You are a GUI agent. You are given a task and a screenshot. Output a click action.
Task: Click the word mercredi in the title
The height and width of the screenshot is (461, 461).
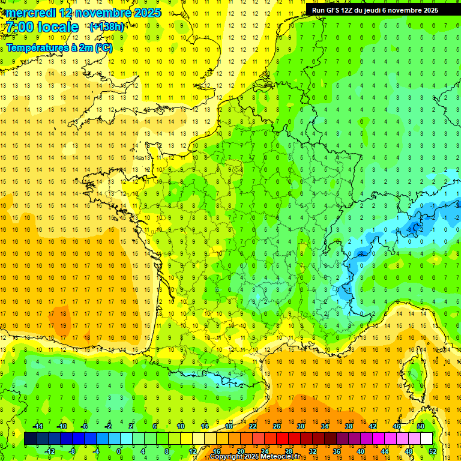(31, 13)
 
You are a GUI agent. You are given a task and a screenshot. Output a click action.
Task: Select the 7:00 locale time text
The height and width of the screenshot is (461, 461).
(41, 27)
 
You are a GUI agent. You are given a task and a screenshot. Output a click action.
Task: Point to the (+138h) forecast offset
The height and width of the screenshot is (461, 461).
(106, 27)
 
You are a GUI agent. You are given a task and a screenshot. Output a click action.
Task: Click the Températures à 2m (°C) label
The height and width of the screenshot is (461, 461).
(59, 47)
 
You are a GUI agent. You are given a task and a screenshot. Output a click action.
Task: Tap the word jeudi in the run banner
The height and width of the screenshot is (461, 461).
(384, 10)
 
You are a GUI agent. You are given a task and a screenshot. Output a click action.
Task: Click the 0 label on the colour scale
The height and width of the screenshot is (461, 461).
(119, 451)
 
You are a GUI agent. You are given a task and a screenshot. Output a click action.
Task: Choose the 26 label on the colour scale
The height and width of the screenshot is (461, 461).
(277, 426)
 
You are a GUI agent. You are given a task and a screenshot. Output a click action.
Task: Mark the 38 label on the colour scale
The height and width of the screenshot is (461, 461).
(349, 426)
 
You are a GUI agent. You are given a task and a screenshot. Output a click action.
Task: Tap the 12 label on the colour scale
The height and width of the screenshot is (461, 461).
(192, 451)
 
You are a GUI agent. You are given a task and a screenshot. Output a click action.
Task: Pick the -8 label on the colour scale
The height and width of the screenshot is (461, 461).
(73, 451)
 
